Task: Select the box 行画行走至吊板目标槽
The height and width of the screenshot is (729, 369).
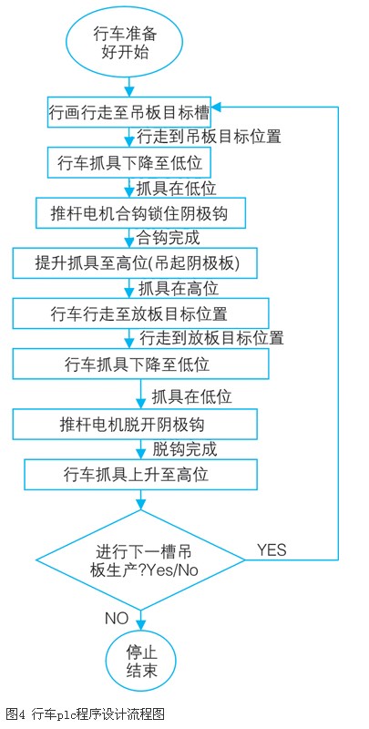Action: click(x=129, y=111)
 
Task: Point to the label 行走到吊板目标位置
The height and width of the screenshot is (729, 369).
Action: click(x=209, y=137)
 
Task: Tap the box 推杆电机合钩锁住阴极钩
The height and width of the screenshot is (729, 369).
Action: click(x=140, y=213)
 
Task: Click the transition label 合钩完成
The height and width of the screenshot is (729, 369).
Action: click(x=168, y=238)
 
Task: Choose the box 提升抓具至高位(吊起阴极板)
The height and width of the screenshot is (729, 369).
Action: click(x=134, y=263)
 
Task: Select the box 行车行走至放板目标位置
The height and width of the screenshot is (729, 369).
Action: click(x=140, y=313)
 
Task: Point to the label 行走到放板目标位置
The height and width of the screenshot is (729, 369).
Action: click(x=211, y=338)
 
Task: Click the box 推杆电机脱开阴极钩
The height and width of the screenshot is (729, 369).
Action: click(x=134, y=425)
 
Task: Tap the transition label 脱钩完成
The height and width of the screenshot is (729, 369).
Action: click(x=184, y=449)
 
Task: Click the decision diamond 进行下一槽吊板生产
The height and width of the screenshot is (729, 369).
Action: click(x=140, y=560)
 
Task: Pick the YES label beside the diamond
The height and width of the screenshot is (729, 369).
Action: click(x=272, y=549)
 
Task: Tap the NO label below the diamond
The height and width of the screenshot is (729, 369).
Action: click(x=117, y=619)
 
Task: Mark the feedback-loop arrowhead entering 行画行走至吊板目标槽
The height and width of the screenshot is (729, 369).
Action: click(x=217, y=107)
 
